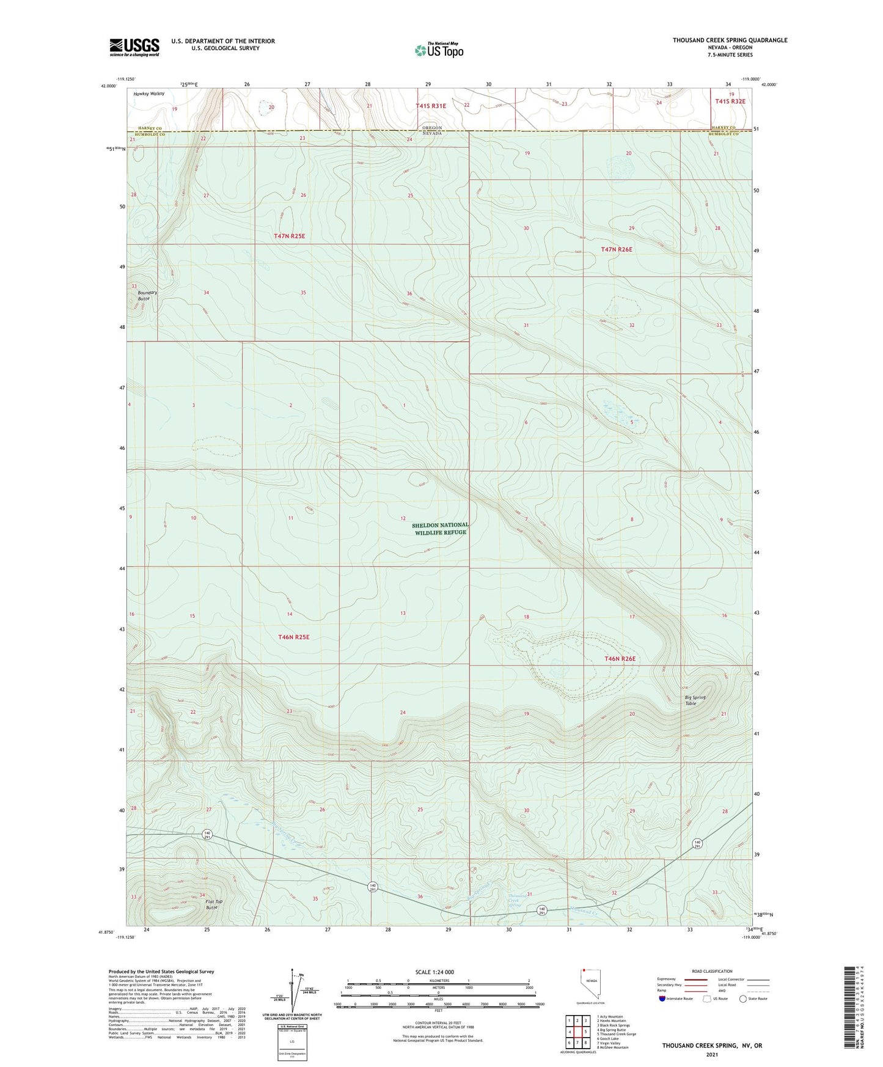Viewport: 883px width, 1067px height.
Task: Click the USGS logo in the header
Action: pyautogui.click(x=134, y=47)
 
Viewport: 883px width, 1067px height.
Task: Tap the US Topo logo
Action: pyautogui.click(x=438, y=50)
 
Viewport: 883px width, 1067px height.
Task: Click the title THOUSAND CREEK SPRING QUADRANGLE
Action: pyautogui.click(x=730, y=40)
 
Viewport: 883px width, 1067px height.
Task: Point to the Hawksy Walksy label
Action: pyautogui.click(x=149, y=94)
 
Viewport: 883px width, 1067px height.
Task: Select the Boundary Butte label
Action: pyautogui.click(x=147, y=295)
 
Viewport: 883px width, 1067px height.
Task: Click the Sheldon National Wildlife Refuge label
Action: pyautogui.click(x=440, y=529)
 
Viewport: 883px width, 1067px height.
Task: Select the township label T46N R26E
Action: pyautogui.click(x=620, y=659)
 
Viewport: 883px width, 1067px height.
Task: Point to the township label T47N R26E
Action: pyautogui.click(x=617, y=249)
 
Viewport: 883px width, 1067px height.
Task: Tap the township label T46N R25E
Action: pyautogui.click(x=294, y=637)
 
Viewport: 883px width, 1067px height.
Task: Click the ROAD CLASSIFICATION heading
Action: pyautogui.click(x=712, y=971)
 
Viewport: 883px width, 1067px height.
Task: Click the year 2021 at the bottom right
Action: pyautogui.click(x=711, y=1054)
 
